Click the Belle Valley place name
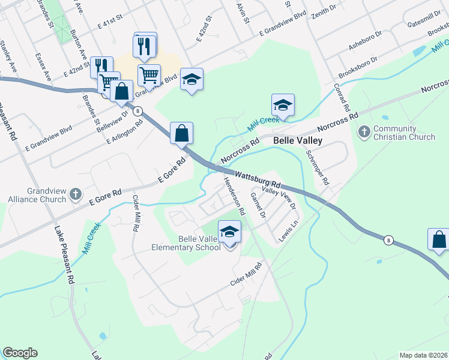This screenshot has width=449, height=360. click(298, 140)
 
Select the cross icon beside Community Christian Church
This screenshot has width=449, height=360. click(364, 131)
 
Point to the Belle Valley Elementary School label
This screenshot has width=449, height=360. click(193, 244)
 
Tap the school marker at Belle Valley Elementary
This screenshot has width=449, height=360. click(229, 232)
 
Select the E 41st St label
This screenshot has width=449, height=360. click(109, 19)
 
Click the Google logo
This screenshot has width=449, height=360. click(20, 353)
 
